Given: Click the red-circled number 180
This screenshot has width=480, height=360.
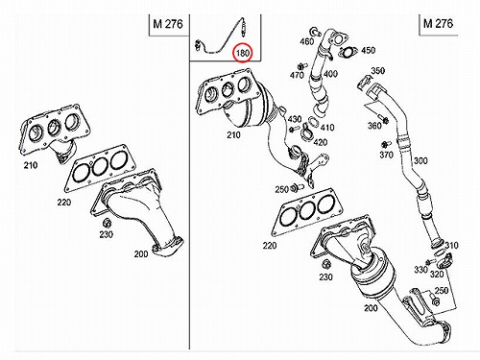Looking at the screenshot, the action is coord(243,53).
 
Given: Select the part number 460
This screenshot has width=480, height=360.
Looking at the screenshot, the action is coord(306,41).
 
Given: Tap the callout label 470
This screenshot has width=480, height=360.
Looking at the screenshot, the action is coord(297,75).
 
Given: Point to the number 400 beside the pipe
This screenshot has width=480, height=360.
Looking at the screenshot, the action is coord(330,74).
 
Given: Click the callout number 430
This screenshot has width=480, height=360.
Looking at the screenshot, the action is coord(295,119).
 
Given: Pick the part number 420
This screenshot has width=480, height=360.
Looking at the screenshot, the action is coord(321,142).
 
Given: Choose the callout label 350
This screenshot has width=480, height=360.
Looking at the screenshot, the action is coord(378,70).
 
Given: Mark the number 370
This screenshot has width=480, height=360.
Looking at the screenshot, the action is coord(386,155).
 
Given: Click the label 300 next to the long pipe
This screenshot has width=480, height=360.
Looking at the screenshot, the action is coord(420,160).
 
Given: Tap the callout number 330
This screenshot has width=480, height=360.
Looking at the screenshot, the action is coord(420,270).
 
